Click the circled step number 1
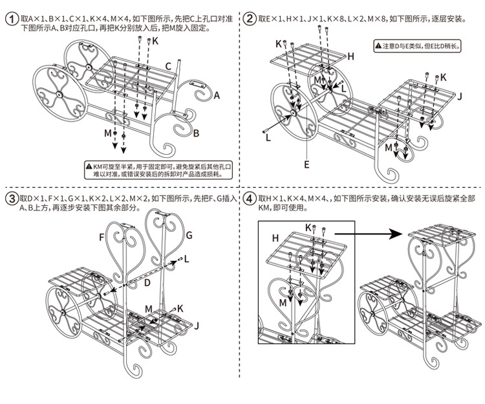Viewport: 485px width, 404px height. (11, 20)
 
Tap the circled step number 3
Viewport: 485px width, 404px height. (11, 198)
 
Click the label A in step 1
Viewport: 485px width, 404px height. (217, 95)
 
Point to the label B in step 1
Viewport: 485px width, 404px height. (196, 133)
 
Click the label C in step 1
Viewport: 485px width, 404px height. (167, 66)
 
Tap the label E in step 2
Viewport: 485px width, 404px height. (307, 164)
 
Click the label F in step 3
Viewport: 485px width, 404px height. (102, 238)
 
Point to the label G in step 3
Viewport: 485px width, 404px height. (189, 234)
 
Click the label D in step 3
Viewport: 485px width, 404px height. (147, 283)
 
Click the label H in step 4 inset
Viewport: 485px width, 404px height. (275, 238)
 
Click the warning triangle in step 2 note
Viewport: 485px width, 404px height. (378, 46)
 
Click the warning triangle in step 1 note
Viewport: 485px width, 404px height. (89, 167)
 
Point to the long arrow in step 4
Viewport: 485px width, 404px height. (369, 229)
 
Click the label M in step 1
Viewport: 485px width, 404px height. (108, 133)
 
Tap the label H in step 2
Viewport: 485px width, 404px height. (350, 56)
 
